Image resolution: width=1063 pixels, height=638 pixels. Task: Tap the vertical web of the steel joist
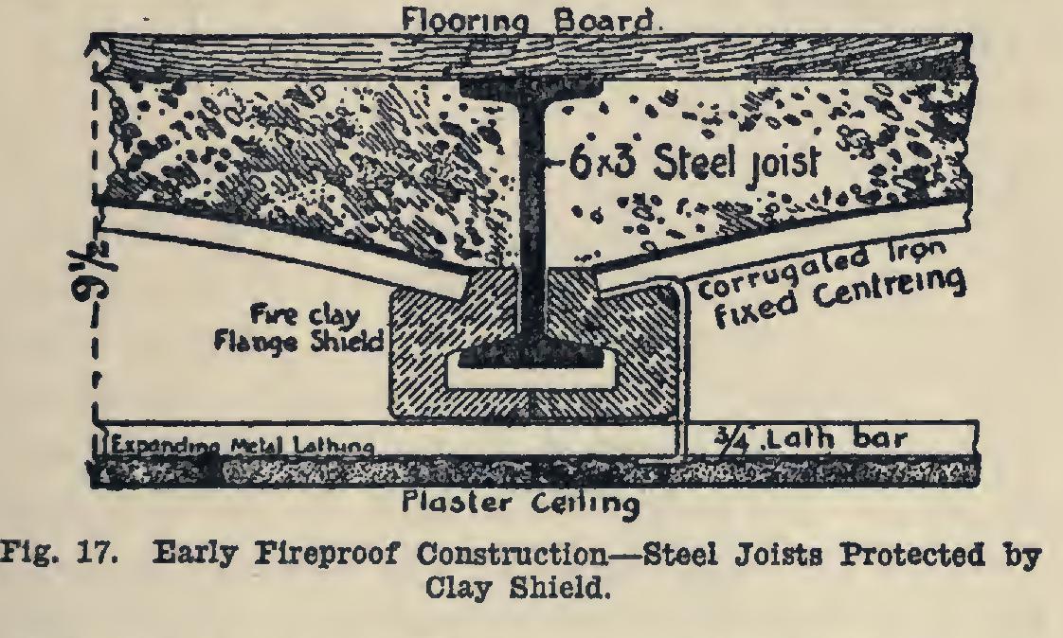tap(531, 218)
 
